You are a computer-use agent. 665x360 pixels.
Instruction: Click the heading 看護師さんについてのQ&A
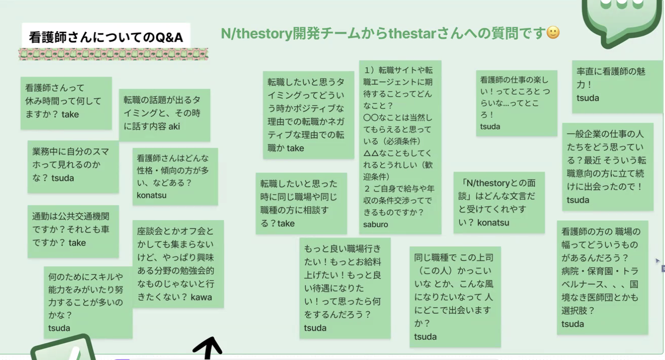(106, 37)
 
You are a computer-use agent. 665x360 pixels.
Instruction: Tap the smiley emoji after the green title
(553, 33)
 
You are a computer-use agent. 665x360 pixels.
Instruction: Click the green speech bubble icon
(621, 18)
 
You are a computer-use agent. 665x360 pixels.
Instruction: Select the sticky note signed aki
(164, 114)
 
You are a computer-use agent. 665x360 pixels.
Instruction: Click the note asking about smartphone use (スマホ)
(73, 166)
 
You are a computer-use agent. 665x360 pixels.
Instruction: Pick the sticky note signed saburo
(400, 147)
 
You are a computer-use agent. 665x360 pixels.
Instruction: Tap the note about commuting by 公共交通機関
(73, 231)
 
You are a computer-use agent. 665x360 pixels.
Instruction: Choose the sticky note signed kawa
(177, 263)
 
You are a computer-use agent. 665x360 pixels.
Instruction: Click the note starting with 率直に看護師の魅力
(617, 86)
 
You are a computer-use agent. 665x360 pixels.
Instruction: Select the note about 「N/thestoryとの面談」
(499, 202)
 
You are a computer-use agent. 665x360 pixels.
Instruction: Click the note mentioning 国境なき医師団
(602, 277)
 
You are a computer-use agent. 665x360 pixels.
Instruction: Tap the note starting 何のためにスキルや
(88, 302)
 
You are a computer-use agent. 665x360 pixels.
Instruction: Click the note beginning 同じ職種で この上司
(455, 296)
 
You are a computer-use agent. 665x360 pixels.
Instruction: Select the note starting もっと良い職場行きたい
(345, 288)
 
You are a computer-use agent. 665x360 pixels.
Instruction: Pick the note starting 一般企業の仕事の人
(607, 166)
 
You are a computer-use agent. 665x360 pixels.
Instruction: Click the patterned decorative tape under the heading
(113, 54)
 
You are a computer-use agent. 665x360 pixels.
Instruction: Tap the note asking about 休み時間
(66, 103)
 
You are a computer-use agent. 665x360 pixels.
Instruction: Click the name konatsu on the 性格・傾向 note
(152, 195)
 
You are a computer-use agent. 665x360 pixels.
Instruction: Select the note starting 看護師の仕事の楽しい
(516, 103)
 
